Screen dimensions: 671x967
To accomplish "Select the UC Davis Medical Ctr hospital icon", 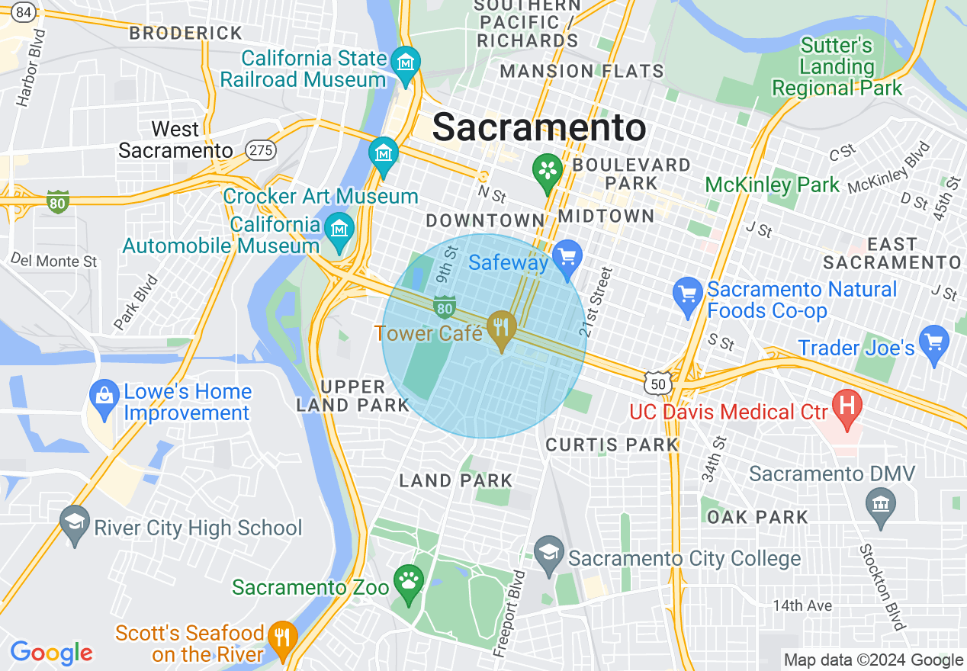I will click(x=847, y=403).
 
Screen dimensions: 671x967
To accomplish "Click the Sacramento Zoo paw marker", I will click(x=409, y=582).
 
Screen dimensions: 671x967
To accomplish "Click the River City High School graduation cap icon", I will click(x=75, y=522).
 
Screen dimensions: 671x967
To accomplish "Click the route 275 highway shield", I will click(x=261, y=150).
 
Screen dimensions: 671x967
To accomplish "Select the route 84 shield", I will click(x=24, y=11).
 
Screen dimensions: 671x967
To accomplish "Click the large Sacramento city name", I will click(x=539, y=127).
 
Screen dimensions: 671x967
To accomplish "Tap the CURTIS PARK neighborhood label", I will click(x=612, y=445).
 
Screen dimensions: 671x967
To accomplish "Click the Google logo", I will click(x=51, y=653).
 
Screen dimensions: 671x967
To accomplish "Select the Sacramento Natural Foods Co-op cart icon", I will click(x=688, y=294).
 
